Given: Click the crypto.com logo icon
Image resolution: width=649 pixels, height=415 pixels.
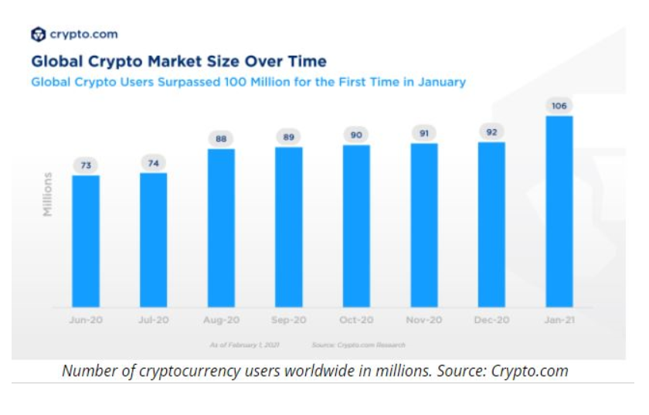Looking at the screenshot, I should (x=38, y=34).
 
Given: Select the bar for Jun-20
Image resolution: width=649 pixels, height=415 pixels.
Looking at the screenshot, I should (x=86, y=241).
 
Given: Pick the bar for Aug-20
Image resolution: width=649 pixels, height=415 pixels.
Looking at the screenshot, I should (x=221, y=228).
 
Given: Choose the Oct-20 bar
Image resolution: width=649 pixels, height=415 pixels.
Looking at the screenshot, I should (x=356, y=226).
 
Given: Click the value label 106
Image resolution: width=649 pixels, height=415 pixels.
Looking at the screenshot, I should (x=559, y=105).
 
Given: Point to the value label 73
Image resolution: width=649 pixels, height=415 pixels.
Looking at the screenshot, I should (x=86, y=165).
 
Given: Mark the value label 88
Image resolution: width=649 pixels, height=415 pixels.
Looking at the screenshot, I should (x=221, y=138).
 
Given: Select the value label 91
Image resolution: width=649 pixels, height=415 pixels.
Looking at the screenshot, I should (x=423, y=133).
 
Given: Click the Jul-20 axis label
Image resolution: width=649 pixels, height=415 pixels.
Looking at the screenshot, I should (x=153, y=319).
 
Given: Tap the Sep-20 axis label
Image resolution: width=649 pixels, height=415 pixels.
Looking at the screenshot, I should (x=288, y=319).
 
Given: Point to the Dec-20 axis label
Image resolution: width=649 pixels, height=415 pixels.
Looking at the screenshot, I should (x=491, y=319).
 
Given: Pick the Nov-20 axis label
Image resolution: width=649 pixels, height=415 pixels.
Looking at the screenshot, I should (x=423, y=319).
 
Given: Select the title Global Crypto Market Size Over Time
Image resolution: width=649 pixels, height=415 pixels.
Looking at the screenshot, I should (x=178, y=61).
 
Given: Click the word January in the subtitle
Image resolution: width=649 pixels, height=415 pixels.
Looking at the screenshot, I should (x=440, y=81).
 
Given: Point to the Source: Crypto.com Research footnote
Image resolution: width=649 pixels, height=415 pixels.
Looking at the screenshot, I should (x=358, y=344).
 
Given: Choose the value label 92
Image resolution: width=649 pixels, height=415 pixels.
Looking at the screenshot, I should (x=491, y=131).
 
